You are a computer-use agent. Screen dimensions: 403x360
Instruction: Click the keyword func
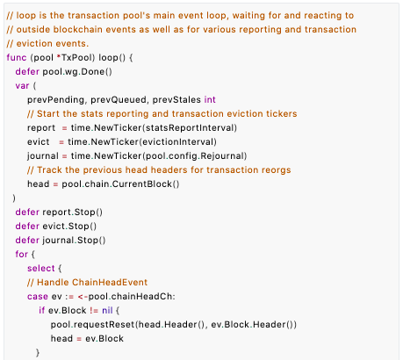tap(17, 57)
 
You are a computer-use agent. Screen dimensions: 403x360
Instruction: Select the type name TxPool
tap(76, 57)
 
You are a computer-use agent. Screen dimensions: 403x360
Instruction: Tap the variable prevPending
tap(55, 100)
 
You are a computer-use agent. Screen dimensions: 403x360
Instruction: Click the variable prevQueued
tap(119, 100)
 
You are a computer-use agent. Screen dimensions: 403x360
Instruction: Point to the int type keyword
tap(210, 100)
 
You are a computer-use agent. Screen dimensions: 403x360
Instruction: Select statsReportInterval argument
tap(190, 128)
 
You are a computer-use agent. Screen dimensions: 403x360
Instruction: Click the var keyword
tap(22, 86)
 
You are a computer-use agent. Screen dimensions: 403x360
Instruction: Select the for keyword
tap(22, 254)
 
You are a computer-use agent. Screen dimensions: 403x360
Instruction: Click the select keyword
tap(41, 268)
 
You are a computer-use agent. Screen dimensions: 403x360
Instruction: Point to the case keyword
tap(38, 297)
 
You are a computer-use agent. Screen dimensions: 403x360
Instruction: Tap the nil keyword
tap(107, 310)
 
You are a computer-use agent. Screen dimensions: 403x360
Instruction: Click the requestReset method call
tap(104, 325)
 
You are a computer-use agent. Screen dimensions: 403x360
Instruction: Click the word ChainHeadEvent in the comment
tap(110, 283)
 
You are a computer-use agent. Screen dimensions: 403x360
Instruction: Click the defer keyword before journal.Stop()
tap(27, 241)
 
